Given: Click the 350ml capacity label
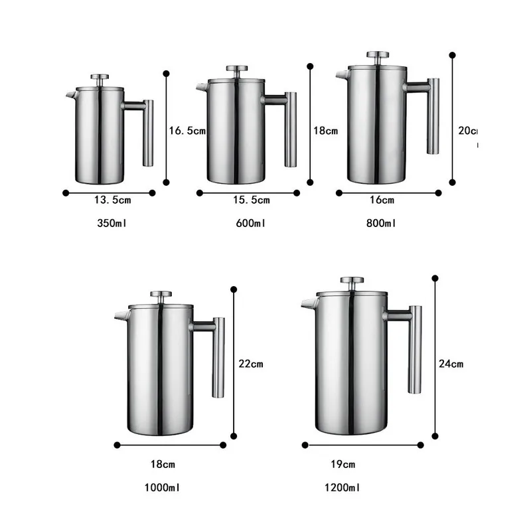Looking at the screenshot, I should point(111,224).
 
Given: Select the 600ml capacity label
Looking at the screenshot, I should point(250,224).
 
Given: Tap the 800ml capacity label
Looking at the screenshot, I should point(381,224).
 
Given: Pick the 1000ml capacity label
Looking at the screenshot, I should point(163,488).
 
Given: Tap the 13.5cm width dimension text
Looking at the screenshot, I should point(112,200).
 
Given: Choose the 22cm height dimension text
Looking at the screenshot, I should point(251,363).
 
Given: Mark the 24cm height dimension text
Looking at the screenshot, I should point(451,363).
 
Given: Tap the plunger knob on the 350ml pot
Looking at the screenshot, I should point(100,78).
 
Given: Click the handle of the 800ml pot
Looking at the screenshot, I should point(432,116).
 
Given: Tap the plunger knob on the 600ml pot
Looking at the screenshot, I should point(236,69).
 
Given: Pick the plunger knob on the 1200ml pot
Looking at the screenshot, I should point(352,281).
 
